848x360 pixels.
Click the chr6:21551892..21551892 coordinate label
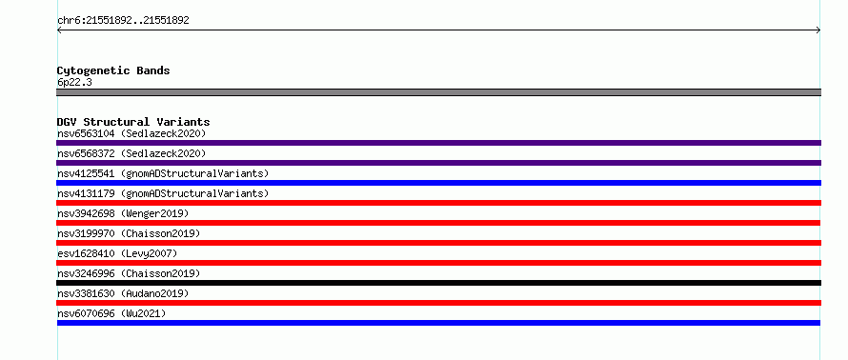click(x=123, y=21)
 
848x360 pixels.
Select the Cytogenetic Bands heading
click(x=113, y=70)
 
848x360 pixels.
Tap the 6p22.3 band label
click(x=74, y=83)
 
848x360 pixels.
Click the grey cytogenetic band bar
click(x=438, y=92)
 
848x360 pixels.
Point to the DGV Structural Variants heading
click(x=133, y=122)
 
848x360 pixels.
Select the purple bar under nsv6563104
click(x=438, y=143)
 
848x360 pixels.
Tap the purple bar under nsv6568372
click(x=438, y=163)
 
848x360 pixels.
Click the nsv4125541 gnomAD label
click(x=163, y=173)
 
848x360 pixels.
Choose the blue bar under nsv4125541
click(x=438, y=183)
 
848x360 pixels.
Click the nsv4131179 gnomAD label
click(x=163, y=193)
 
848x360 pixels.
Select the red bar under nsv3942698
click(x=438, y=223)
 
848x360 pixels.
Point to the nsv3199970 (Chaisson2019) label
click(x=129, y=233)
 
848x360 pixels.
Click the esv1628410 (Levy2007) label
click(x=117, y=253)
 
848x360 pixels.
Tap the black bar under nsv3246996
click(x=438, y=283)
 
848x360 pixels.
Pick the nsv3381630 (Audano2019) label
click(x=123, y=293)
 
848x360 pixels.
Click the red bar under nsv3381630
click(x=438, y=303)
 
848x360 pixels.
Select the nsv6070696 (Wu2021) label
click(x=111, y=313)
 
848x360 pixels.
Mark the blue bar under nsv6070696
click(x=438, y=323)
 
